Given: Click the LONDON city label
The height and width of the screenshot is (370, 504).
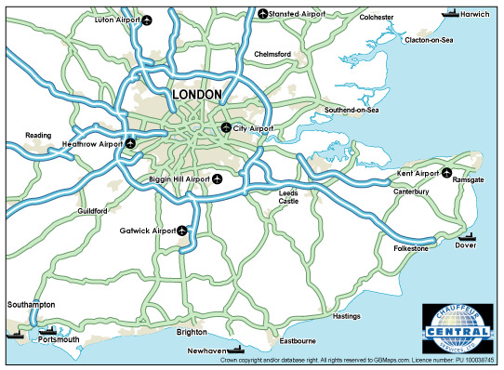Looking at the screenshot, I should (197, 95).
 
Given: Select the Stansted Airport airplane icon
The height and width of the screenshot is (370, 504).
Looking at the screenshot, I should (262, 13).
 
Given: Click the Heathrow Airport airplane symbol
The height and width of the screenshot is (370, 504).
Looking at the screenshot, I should (130, 144).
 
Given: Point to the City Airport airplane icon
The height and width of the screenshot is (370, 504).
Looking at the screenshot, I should (226, 127).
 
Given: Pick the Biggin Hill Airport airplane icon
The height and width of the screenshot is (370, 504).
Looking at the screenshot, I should (218, 178).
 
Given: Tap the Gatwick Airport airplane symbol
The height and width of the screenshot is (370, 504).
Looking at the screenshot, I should (182, 230).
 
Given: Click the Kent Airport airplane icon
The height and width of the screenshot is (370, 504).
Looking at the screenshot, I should (446, 172).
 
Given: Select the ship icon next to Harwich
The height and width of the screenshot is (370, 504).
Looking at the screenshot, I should (451, 13).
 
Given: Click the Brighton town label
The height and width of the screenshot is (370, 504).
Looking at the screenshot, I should (192, 332).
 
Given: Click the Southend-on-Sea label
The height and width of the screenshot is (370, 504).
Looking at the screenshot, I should (351, 111).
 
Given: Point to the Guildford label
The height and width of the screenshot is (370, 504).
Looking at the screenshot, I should (94, 211).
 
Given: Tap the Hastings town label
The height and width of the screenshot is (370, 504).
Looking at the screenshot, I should (346, 316).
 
